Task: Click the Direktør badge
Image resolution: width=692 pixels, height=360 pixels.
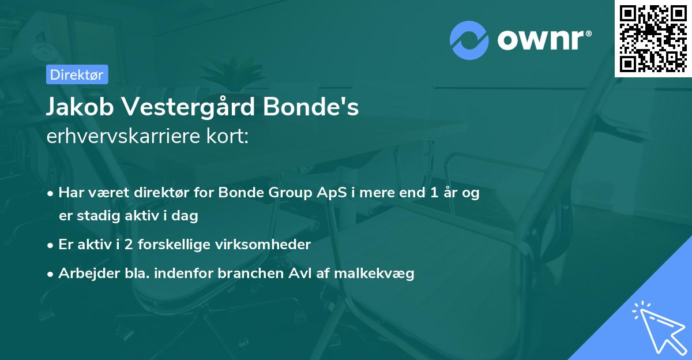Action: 77,74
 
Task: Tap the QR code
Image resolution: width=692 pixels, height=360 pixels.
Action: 653,38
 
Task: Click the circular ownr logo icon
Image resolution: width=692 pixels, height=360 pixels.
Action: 469,40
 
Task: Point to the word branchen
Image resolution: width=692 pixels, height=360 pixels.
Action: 250,273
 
